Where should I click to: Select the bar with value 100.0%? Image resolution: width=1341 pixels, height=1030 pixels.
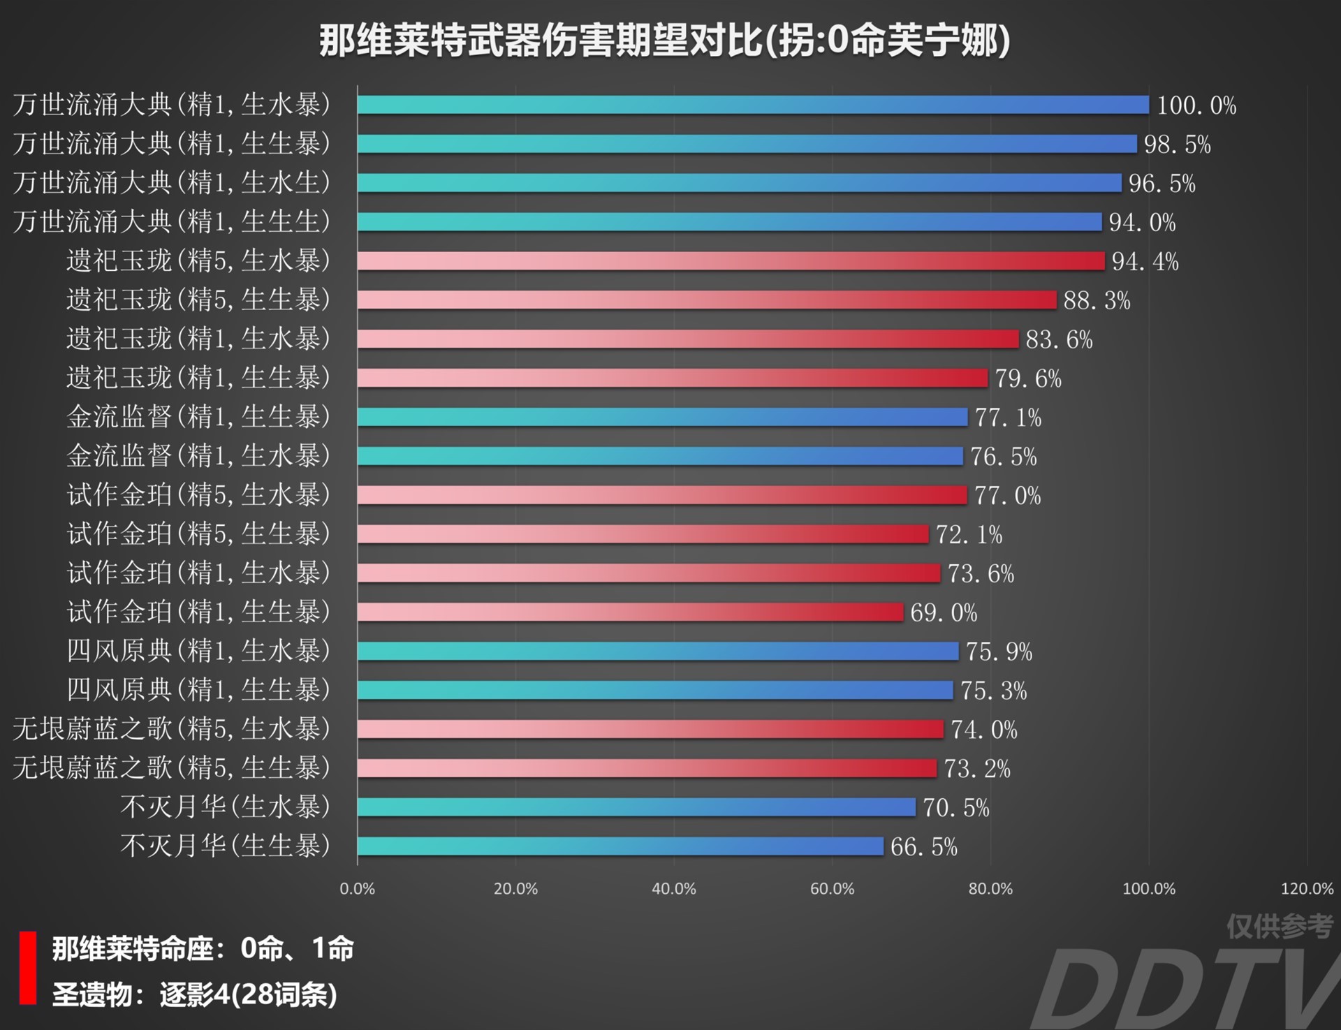(x=753, y=105)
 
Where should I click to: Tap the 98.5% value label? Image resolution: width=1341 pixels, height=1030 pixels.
(x=1177, y=145)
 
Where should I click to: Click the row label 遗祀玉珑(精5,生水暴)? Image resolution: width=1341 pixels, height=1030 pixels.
(x=198, y=260)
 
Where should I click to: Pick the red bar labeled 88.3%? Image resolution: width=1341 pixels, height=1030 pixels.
(x=707, y=300)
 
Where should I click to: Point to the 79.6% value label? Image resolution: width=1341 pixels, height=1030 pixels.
(x=1028, y=378)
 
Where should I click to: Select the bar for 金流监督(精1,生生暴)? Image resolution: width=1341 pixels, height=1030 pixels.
(x=662, y=417)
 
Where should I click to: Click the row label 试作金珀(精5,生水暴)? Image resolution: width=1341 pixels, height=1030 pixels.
(x=198, y=495)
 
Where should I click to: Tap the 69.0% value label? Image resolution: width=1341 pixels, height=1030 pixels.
(x=944, y=612)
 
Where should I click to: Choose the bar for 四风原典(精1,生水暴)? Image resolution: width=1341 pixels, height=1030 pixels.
(x=658, y=652)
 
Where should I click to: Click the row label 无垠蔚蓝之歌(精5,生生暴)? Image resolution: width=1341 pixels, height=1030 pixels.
(x=172, y=768)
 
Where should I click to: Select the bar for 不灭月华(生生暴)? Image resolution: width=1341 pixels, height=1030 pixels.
(x=620, y=846)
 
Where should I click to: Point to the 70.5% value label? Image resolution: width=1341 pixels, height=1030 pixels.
(x=956, y=808)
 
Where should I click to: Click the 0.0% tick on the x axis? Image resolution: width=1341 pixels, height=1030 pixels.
(x=357, y=889)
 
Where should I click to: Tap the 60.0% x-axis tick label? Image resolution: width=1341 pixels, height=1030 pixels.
(x=832, y=889)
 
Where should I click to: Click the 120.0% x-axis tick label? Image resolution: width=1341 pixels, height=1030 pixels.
(x=1307, y=889)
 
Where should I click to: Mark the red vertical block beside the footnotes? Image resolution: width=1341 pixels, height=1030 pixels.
(x=28, y=968)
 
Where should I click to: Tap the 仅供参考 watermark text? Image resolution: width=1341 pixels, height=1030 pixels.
(x=1280, y=927)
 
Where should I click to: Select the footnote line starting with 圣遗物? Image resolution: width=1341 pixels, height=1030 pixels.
(x=195, y=994)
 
